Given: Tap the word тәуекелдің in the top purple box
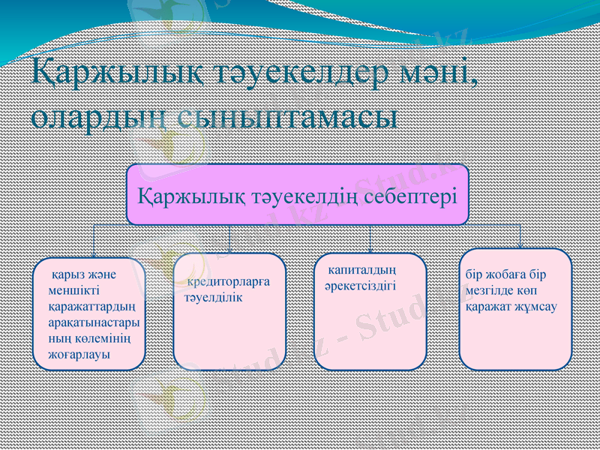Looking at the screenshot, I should click(299, 196).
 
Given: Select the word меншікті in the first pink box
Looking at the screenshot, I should click(71, 290).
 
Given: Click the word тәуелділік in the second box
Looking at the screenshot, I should click(214, 297).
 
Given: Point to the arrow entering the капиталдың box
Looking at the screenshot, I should click(370, 246).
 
